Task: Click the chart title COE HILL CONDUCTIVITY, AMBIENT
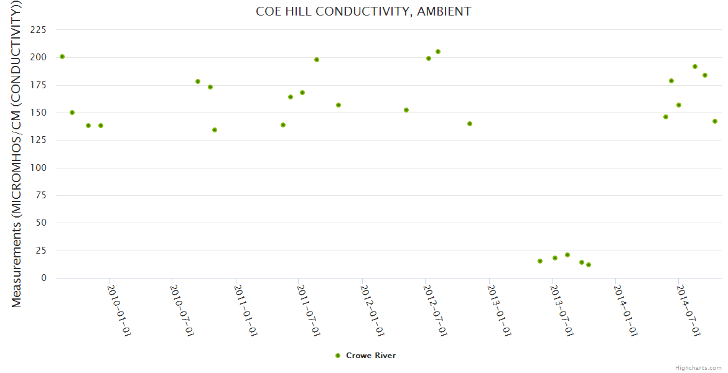tap(363, 11)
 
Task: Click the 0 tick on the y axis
tap(44, 278)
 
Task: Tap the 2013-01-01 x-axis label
tap(500, 310)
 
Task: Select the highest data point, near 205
tap(438, 52)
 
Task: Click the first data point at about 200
tap(62, 57)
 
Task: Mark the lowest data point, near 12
tap(589, 265)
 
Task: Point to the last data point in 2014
tap(715, 121)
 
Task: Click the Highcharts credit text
tap(698, 367)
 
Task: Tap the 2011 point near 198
tap(317, 60)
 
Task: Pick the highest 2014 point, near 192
tap(695, 67)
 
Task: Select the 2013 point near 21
tap(567, 255)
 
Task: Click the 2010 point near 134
tap(215, 130)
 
